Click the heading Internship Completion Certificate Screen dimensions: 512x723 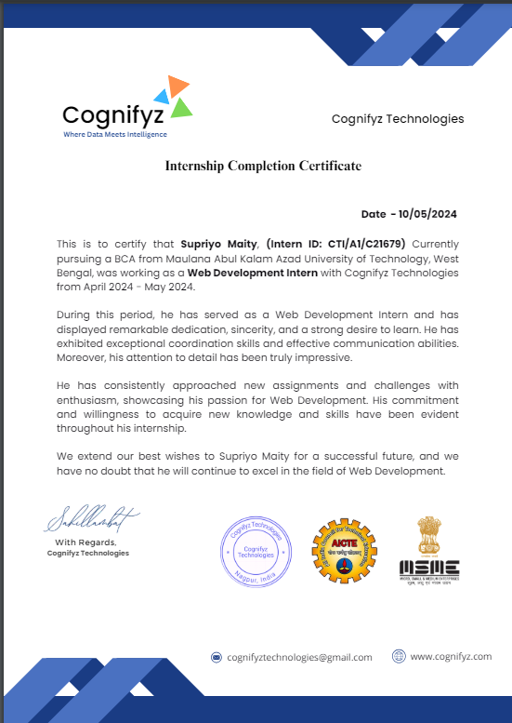(263, 166)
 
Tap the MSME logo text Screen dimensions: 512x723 (428, 567)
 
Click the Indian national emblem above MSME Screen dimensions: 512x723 (428, 532)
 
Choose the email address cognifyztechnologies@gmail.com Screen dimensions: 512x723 (299, 657)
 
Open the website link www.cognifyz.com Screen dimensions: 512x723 (451, 656)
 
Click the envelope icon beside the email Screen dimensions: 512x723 (217, 657)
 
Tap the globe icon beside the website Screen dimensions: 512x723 (399, 656)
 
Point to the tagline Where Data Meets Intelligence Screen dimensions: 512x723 (115, 135)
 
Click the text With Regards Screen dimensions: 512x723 (85, 542)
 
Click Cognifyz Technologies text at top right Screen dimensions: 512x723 (398, 119)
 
